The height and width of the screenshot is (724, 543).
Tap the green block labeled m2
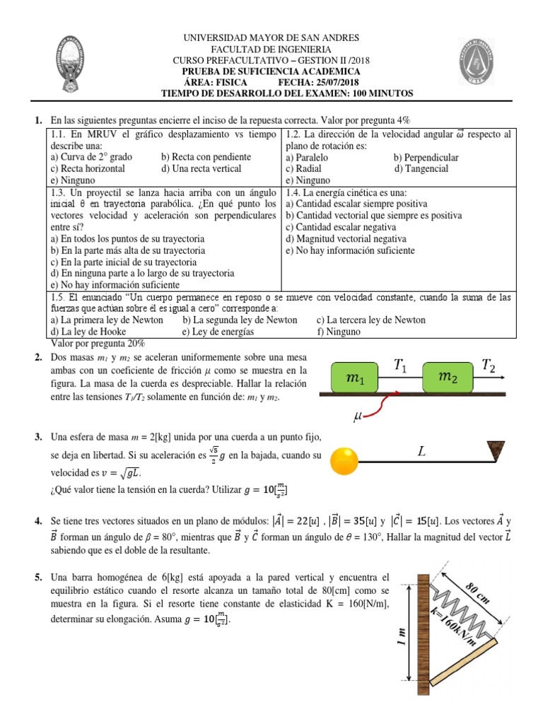point(448,378)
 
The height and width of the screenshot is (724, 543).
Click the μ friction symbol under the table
point(358,419)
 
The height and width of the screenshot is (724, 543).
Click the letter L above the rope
point(422,450)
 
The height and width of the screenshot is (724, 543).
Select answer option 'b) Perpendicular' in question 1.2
point(426,158)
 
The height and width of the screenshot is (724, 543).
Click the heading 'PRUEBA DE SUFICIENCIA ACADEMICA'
point(271,71)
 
